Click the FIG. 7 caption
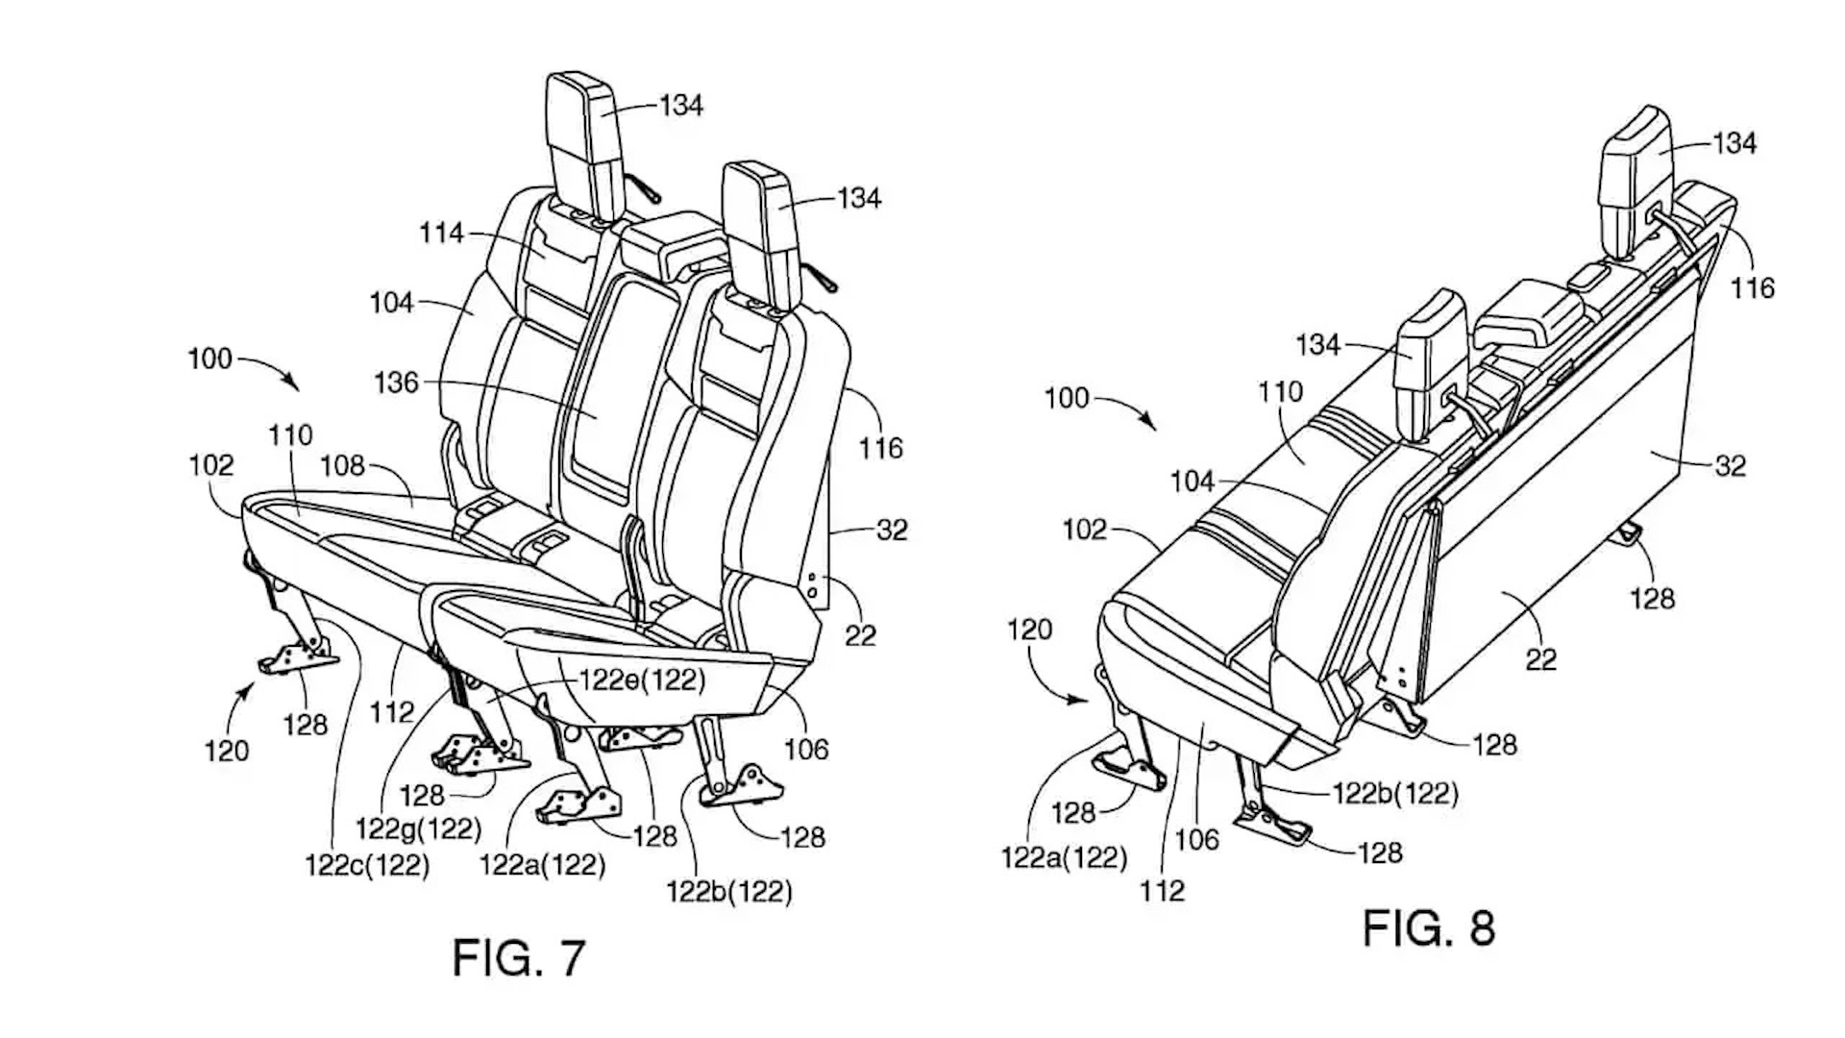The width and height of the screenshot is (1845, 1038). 519,957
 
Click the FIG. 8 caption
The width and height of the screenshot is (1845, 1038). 1429,928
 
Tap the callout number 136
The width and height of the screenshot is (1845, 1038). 396,383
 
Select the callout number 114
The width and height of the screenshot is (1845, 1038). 441,233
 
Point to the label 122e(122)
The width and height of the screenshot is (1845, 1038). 642,680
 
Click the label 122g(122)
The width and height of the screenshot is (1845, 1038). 418,827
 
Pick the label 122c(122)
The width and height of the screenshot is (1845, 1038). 367,865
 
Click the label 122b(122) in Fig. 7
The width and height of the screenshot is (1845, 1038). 729,892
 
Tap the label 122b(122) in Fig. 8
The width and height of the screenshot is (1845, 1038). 1395,793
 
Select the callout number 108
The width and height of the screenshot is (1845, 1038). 342,466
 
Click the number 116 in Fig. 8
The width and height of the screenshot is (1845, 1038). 1753,287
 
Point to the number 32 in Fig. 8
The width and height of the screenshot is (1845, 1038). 1730,466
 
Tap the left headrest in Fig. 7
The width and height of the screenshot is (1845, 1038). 580,144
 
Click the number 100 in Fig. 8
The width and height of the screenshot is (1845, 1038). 1067,398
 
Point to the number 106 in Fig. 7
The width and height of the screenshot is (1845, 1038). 805,749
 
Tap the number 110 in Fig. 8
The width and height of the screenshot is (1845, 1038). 1280,391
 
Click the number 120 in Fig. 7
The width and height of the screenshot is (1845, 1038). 227,750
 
